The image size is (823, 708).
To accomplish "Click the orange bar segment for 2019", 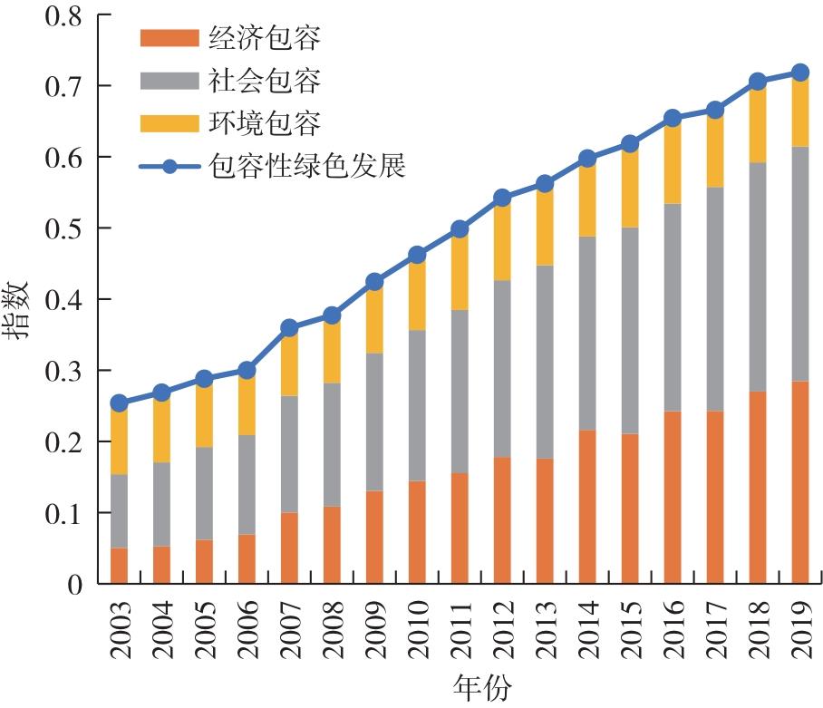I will (x=799, y=482).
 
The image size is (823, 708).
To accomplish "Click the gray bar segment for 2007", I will (x=290, y=454).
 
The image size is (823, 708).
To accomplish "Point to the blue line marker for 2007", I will (x=290, y=328).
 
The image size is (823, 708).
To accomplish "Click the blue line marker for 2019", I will (x=799, y=73).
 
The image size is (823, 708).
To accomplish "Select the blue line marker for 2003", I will (x=119, y=402).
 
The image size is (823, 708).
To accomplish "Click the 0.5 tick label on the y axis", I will (x=61, y=228).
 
